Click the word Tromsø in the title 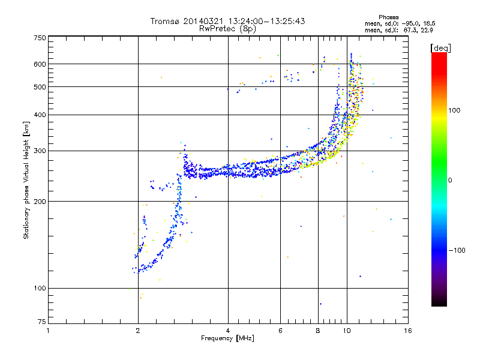164,21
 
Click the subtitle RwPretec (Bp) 228,28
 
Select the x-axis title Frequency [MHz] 228,338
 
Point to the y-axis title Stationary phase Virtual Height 26,180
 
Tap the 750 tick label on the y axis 40,37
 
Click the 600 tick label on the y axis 40,64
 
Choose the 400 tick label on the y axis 40,115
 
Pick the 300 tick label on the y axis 40,151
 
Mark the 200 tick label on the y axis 40,201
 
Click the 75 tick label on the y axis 41,324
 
